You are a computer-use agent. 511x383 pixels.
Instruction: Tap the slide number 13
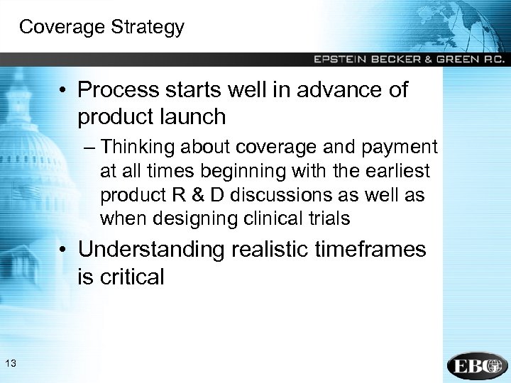pyautogui.click(x=10, y=364)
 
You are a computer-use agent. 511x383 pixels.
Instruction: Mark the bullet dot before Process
pyautogui.click(x=64, y=91)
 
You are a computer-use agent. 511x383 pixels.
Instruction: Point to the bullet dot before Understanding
pyautogui.click(x=64, y=250)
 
